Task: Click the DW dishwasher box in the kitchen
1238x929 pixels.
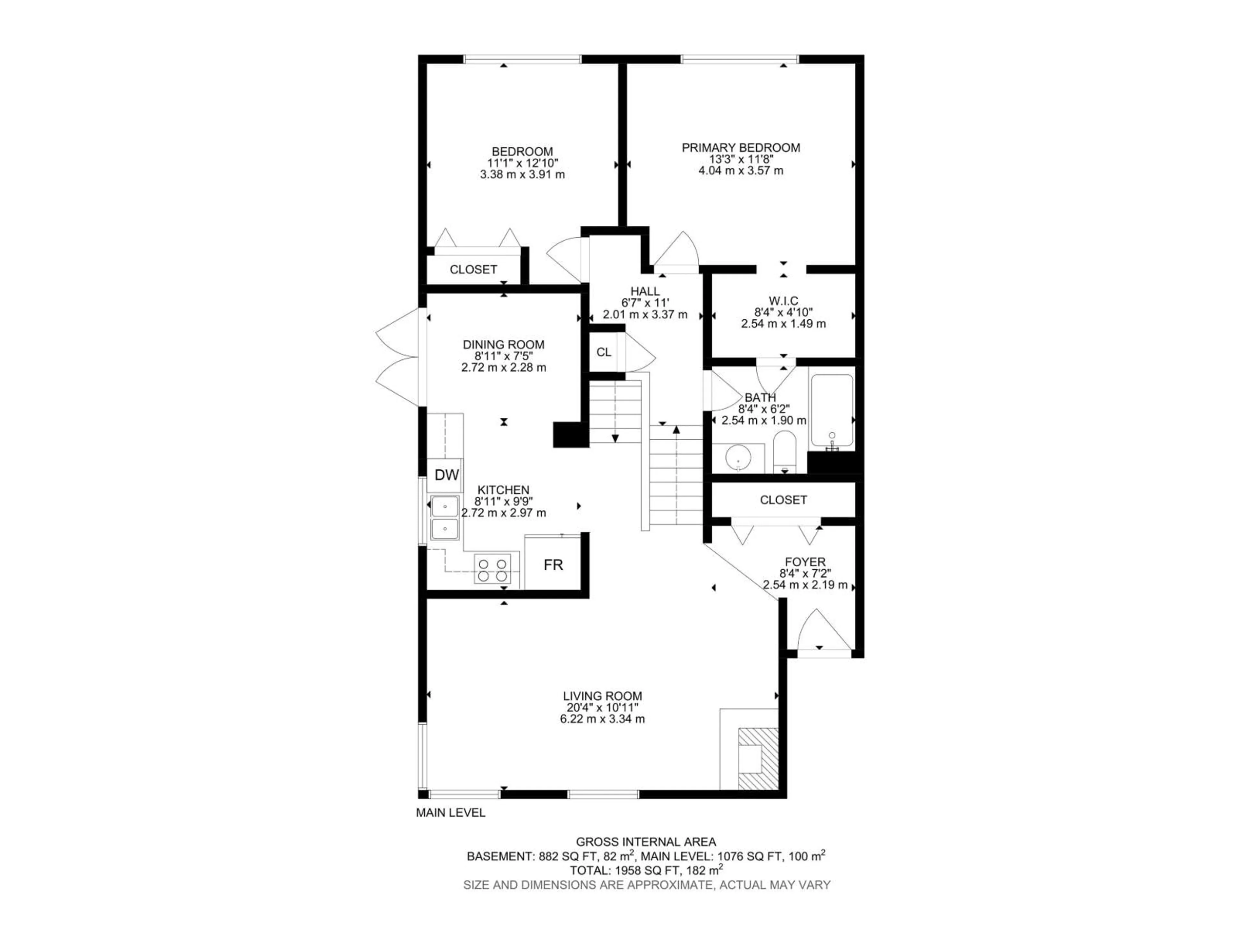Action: pyautogui.click(x=447, y=475)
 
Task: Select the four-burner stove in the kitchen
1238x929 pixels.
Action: pyautogui.click(x=493, y=569)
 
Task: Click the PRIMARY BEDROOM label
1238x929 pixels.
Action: pyautogui.click(x=741, y=148)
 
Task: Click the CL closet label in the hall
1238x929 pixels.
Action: pyautogui.click(x=603, y=352)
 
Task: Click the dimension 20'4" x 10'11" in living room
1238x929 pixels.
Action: pyautogui.click(x=602, y=708)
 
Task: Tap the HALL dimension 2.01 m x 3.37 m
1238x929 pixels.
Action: pyautogui.click(x=645, y=315)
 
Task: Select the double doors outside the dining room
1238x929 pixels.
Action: pyautogui.click(x=398, y=358)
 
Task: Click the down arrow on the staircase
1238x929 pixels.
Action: pyautogui.click(x=615, y=438)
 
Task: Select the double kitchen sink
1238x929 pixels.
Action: pyautogui.click(x=445, y=517)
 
